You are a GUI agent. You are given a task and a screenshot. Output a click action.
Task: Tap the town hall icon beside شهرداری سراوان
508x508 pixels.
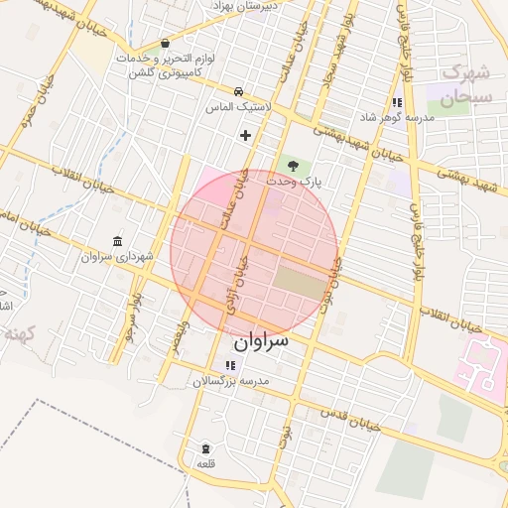[x=118, y=241]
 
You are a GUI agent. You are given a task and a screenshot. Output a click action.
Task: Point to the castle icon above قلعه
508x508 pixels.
[x=205, y=448]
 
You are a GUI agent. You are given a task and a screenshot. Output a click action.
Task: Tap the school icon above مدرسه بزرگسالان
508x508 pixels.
[x=230, y=366]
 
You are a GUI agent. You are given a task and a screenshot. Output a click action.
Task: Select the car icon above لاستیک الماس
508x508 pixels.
[x=239, y=90]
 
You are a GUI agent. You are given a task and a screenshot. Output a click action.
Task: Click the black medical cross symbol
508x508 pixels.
[x=246, y=134]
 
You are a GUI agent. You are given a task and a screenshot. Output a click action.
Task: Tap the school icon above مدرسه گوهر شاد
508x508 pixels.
[x=397, y=102]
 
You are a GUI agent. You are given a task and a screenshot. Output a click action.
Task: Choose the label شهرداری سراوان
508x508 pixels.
[x=118, y=256]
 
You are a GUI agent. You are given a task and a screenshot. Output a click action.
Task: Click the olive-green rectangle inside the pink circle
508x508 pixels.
[x=299, y=282]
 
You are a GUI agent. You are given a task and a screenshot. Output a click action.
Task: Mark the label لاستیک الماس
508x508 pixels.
[x=232, y=106]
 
